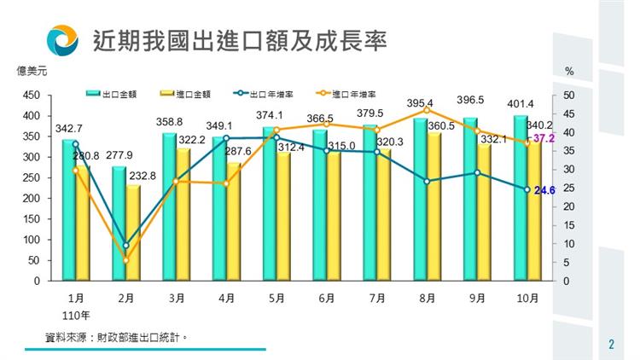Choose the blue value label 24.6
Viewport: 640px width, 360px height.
(544, 191)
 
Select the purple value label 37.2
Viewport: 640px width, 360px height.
(543, 137)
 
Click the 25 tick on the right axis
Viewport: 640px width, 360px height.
(568, 189)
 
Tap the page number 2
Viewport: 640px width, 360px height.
(611, 345)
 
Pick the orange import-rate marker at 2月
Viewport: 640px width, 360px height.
(125, 260)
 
